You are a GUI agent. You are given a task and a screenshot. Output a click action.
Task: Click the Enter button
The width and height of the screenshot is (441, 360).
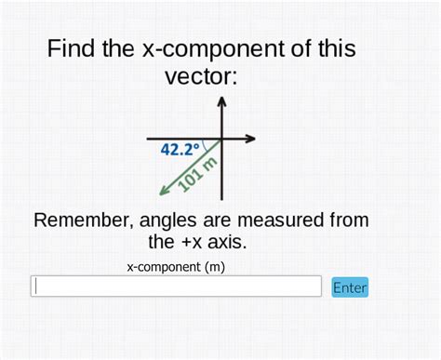point(350,287)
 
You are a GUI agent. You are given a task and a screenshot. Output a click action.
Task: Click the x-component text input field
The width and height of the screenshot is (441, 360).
point(176,287)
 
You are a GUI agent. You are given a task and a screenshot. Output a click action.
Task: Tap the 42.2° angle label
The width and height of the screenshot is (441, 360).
point(180,149)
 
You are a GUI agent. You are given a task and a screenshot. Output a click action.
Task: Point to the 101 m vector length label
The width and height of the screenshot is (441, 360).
point(197,174)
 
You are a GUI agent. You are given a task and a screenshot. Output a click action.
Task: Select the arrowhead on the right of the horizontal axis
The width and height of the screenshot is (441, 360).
point(250,140)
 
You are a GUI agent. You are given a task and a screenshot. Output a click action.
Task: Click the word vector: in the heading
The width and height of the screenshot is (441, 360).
point(201,76)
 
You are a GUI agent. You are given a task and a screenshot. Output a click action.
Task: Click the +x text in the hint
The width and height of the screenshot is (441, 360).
point(187,243)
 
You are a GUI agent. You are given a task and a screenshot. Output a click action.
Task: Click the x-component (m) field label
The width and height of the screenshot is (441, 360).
point(176,267)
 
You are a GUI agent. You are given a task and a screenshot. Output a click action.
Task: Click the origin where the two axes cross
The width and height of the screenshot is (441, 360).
point(221,140)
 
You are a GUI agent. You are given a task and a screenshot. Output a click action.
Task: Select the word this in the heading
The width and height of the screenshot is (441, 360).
point(334,49)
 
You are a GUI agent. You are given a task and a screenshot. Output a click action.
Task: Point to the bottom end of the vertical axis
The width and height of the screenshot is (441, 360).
point(221,197)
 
